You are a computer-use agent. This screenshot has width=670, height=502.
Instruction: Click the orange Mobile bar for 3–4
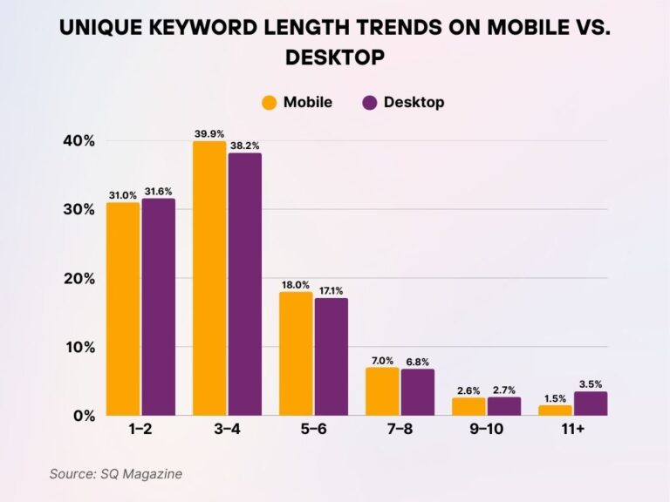pyautogui.click(x=209, y=279)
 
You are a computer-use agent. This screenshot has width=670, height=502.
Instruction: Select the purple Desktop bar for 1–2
pyautogui.click(x=159, y=308)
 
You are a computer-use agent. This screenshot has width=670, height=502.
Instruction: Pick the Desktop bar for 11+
pyautogui.click(x=591, y=404)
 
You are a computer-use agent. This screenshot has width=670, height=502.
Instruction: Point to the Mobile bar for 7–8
pyautogui.click(x=382, y=391)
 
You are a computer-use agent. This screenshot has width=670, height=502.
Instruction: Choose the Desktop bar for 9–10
pyautogui.click(x=504, y=406)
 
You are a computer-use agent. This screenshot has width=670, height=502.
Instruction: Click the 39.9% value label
pyautogui.click(x=209, y=134)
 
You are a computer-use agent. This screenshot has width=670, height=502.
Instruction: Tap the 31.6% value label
pyautogui.click(x=159, y=193)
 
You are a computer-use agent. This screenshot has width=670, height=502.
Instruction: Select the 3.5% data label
pyautogui.click(x=591, y=384)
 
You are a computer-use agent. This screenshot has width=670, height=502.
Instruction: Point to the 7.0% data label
pyautogui.click(x=382, y=361)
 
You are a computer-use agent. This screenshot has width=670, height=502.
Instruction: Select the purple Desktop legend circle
pyautogui.click(x=368, y=103)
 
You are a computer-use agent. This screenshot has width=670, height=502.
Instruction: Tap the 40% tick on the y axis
pyautogui.click(x=79, y=141)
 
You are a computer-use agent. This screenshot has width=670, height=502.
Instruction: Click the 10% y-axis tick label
pyautogui.click(x=79, y=347)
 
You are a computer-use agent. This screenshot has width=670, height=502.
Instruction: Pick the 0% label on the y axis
pyautogui.click(x=83, y=416)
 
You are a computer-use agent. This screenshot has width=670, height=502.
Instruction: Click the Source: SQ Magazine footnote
pyautogui.click(x=115, y=473)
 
